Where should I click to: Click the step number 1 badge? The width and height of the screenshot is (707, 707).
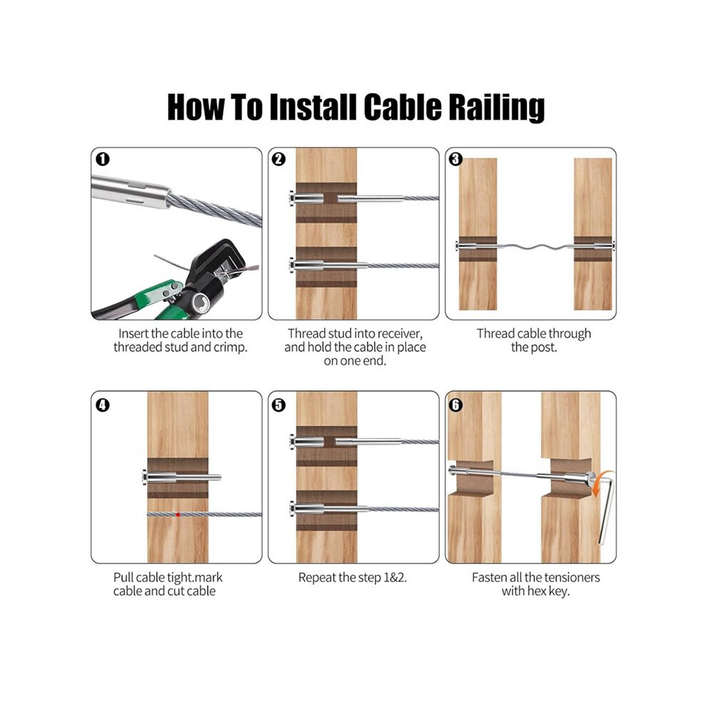click(103, 159)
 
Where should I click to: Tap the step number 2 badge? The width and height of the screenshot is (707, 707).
click(279, 159)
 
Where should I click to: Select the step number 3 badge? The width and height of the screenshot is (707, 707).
click(456, 159)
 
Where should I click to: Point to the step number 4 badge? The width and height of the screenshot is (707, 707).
click(103, 405)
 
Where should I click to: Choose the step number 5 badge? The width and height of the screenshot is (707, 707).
click(279, 405)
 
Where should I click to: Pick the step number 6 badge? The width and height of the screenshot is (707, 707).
click(456, 405)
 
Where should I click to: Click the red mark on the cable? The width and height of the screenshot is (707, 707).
click(178, 514)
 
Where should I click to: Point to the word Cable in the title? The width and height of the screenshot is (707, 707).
click(402, 107)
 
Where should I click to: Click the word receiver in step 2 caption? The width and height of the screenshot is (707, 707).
click(399, 334)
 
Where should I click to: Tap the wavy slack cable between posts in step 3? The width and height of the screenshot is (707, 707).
click(534, 246)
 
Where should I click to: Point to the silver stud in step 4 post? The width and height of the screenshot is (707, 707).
click(181, 477)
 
